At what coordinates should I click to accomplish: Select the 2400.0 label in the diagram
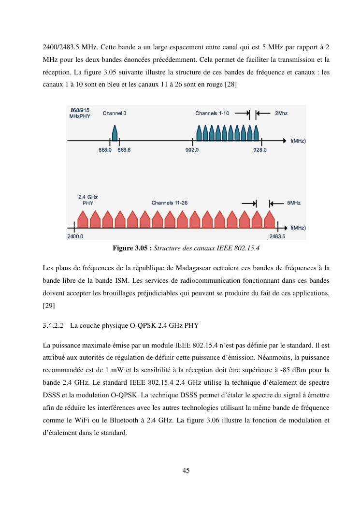click(x=75, y=237)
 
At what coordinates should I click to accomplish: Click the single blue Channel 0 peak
click(x=115, y=133)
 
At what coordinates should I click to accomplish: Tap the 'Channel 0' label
click(x=115, y=114)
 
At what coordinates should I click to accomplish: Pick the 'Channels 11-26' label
click(x=169, y=203)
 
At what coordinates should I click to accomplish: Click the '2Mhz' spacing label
click(x=281, y=114)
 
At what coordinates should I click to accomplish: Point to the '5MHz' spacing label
click(x=294, y=203)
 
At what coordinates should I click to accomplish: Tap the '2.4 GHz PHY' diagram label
click(x=88, y=200)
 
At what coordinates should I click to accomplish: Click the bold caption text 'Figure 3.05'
click(x=132, y=248)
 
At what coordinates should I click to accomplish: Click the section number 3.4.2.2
click(x=53, y=325)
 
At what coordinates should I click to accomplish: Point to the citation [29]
click(x=48, y=305)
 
